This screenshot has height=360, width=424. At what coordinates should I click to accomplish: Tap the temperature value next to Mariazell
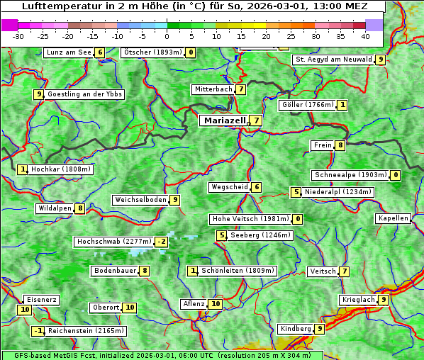(256, 120)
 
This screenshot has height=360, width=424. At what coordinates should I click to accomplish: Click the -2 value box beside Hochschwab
(162, 242)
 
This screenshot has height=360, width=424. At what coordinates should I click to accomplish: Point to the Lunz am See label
(69, 52)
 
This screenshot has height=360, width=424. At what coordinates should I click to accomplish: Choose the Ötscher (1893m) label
(152, 52)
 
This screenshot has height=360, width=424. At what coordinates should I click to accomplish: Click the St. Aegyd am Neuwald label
(333, 60)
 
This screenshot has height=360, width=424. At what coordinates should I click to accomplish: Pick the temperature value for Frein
(340, 145)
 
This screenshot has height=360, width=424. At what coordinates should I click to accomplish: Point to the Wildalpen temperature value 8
(80, 208)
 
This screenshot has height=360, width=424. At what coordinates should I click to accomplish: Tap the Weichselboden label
(140, 200)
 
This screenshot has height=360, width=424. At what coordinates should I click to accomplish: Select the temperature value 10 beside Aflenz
(216, 304)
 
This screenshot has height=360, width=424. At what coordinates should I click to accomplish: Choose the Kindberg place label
(296, 329)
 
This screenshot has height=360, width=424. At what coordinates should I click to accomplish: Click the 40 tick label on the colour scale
(365, 36)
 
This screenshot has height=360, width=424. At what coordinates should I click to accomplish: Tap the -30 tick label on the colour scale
(18, 36)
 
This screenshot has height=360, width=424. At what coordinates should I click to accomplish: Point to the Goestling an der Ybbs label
(84, 94)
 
